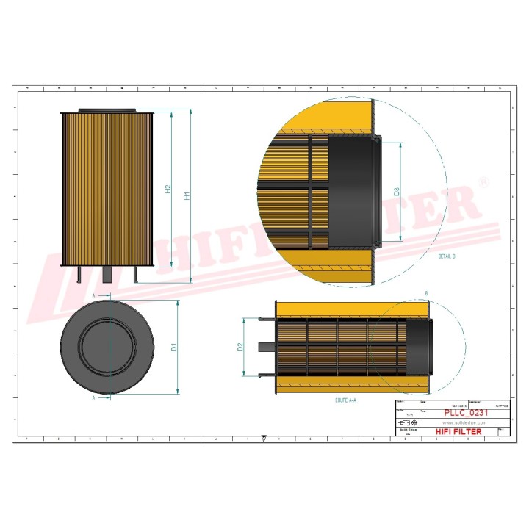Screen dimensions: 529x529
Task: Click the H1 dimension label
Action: pos(187,196)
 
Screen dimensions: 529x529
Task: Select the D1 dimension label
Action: pos(174,347)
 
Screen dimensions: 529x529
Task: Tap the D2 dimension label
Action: pos(240,347)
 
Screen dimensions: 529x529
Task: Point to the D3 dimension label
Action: pos(396,192)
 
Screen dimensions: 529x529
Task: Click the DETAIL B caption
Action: pos(446,256)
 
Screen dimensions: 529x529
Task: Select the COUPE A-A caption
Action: pos(345,401)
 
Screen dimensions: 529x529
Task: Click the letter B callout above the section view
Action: pos(427,294)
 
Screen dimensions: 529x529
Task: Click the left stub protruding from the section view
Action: pos(266,347)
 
